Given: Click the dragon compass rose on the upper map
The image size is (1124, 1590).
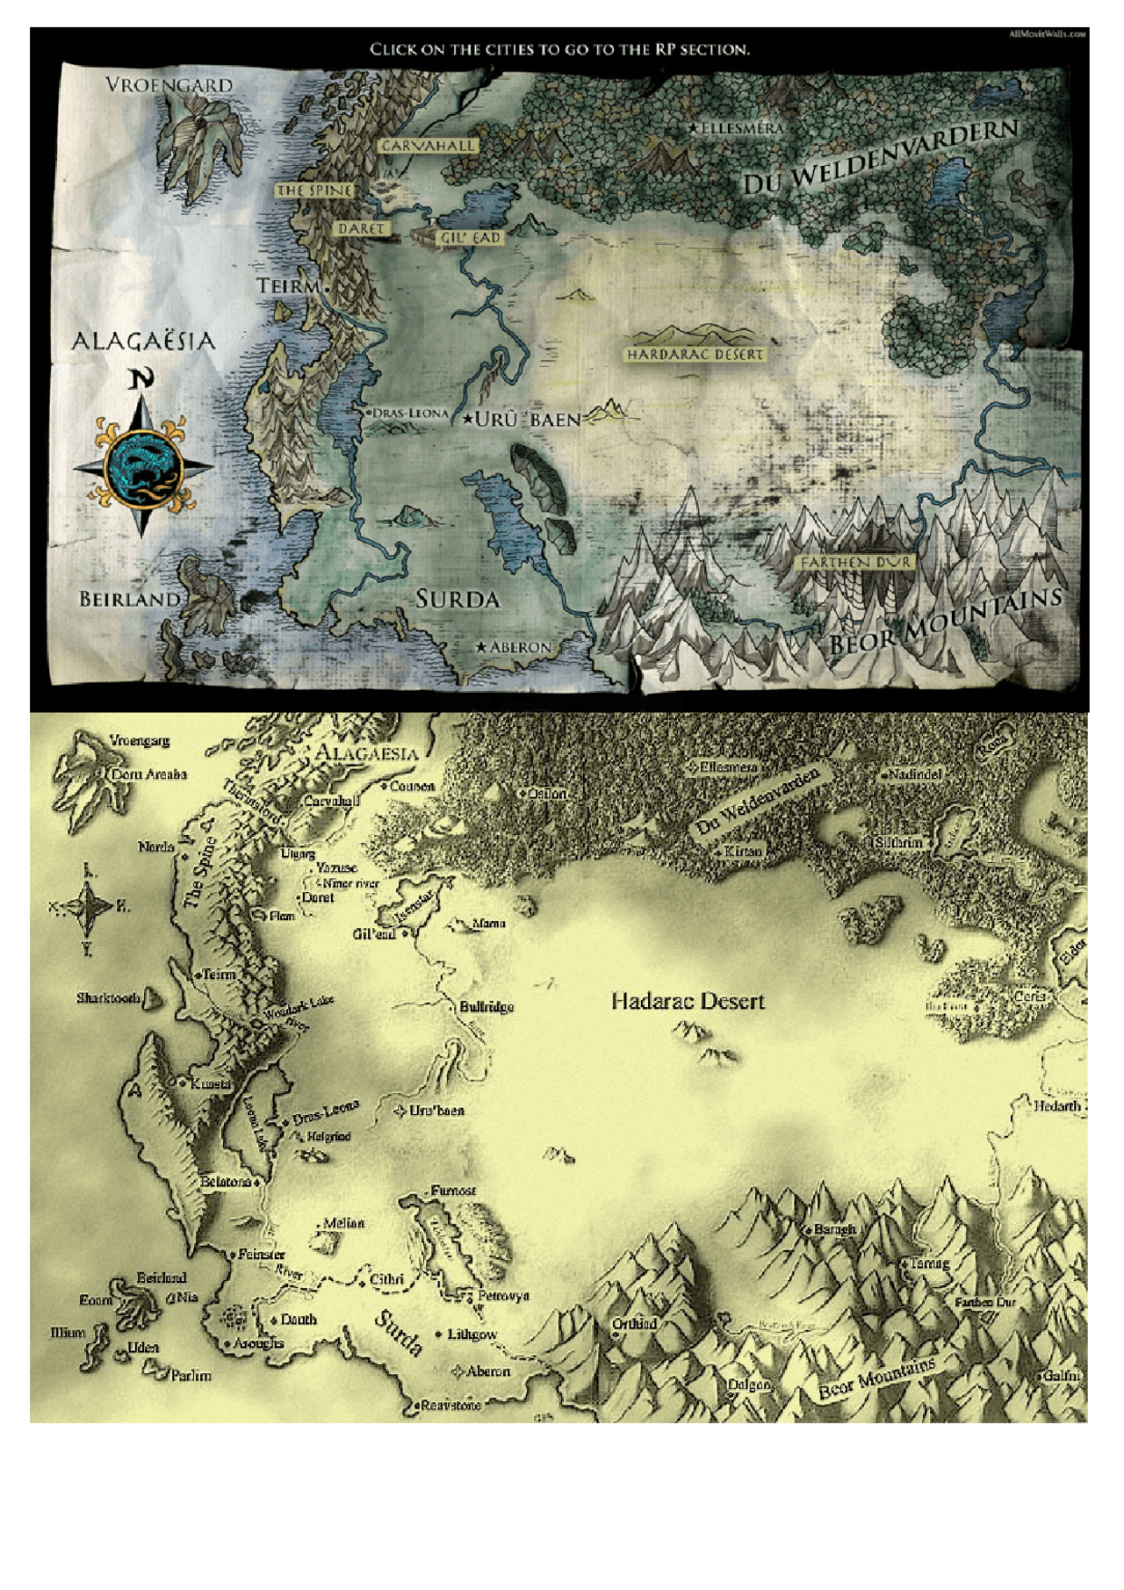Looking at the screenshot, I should pyautogui.click(x=142, y=468).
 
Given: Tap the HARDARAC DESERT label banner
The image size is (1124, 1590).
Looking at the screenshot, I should pyautogui.click(x=695, y=354).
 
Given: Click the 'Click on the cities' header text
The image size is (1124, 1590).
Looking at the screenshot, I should pyautogui.click(x=559, y=49).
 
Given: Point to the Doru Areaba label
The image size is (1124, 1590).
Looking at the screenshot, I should pyautogui.click(x=148, y=774).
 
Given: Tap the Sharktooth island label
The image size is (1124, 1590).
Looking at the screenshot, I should pyautogui.click(x=108, y=998).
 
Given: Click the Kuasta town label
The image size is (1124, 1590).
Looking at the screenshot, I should pyautogui.click(x=210, y=1084).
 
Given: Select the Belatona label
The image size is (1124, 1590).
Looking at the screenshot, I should pyautogui.click(x=226, y=1182).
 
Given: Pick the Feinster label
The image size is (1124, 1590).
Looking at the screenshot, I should pyautogui.click(x=261, y=1255).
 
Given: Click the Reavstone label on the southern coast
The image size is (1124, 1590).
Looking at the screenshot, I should pyautogui.click(x=451, y=1405).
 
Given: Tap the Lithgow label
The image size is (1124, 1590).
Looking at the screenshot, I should pyautogui.click(x=472, y=1335).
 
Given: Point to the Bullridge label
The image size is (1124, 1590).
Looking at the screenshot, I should pyautogui.click(x=486, y=1007).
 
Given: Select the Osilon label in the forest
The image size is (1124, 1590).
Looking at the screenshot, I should pyautogui.click(x=547, y=794).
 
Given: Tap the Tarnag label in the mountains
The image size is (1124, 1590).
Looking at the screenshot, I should pyautogui.click(x=929, y=1263).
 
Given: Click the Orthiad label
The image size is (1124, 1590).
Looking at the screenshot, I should pyautogui.click(x=634, y=1324).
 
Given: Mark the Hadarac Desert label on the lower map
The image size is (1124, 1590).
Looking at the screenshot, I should pyautogui.click(x=688, y=1001).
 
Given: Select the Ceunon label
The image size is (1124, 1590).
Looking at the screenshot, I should pyautogui.click(x=412, y=787).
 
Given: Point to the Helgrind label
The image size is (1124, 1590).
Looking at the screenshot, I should pyautogui.click(x=328, y=1136).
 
